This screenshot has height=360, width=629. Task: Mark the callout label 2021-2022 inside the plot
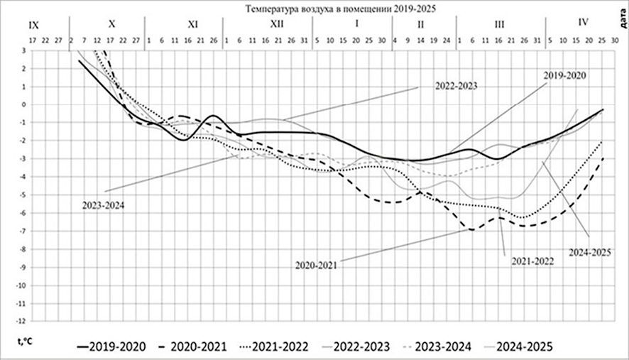tap(532, 261)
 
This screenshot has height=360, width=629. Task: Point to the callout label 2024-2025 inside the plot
tap(589, 252)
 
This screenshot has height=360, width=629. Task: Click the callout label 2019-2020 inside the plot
tap(564, 75)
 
